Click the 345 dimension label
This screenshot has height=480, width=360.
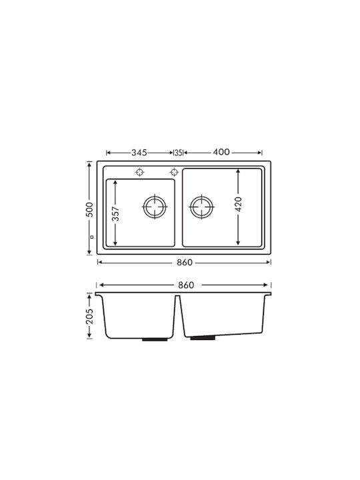click(x=139, y=153)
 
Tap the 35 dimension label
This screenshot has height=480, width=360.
click(x=179, y=153)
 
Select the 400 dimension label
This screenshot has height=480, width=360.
click(x=221, y=152)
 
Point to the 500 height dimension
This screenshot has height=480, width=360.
click(x=89, y=209)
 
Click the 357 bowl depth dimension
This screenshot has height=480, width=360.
click(x=115, y=213)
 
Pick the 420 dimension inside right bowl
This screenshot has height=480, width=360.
click(x=239, y=204)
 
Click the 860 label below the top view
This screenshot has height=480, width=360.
click(x=185, y=263)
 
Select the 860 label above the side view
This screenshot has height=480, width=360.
click(x=186, y=285)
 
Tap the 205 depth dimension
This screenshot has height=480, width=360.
click(x=89, y=316)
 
